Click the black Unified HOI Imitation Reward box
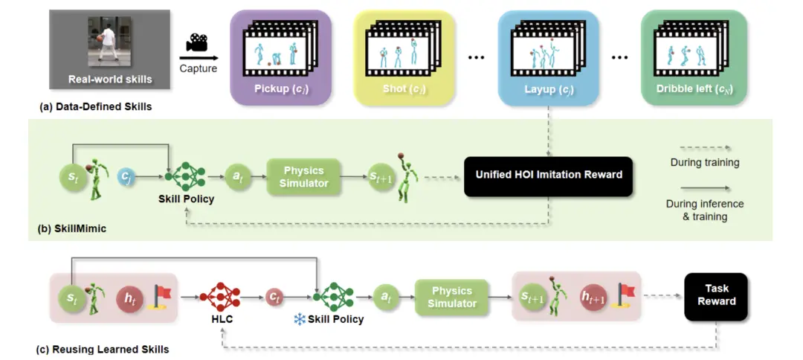tap(548, 176)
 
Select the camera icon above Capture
tap(198, 43)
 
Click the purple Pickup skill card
tap(280, 57)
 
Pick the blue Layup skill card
tap(549, 57)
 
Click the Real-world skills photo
tap(110, 50)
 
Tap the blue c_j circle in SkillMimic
tap(127, 177)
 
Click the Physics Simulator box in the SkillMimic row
tap(304, 176)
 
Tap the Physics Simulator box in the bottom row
tap(452, 297)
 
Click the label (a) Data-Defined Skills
tap(96, 106)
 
